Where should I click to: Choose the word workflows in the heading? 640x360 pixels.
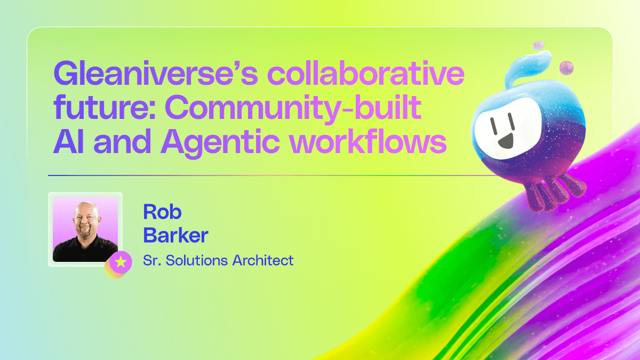367,142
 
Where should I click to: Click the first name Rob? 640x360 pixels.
162,212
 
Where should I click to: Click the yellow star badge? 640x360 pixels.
121,262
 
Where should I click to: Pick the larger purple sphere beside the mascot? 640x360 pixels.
566,68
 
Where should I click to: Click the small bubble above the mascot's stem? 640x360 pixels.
539,45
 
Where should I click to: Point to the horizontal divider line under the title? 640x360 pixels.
267,175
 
